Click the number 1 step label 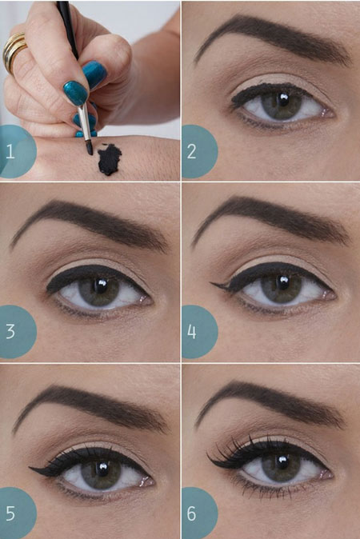[10, 151]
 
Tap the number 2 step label [191, 151]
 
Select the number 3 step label [10, 332]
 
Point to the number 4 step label [191, 332]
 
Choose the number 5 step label [10, 513]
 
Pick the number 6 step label [191, 513]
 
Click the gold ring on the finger [14, 51]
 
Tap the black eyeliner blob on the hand [110, 159]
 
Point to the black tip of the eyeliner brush [89, 148]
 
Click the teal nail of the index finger [76, 93]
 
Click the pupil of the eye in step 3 [101, 285]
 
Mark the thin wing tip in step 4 [210, 284]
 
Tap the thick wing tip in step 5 [30, 468]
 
